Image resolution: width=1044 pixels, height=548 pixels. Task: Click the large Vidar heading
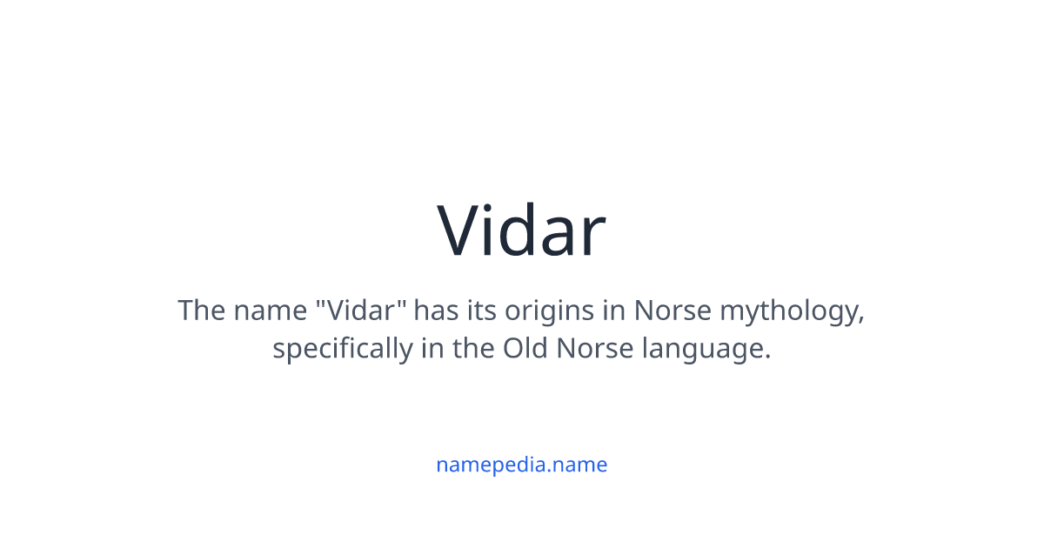(521, 231)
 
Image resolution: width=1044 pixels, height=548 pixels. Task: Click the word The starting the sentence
(202, 311)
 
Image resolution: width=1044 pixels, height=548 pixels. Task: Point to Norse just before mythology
(666, 311)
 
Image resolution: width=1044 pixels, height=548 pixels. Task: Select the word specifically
(343, 350)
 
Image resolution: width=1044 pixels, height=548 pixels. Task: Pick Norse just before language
(595, 349)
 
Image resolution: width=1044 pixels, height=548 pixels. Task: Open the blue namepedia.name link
(521, 464)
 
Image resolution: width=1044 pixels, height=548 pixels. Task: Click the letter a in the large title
(559, 237)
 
